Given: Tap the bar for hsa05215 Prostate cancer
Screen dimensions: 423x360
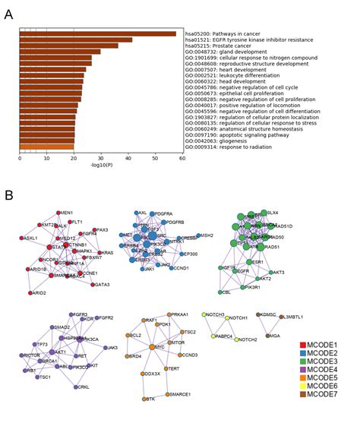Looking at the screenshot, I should click(68, 46).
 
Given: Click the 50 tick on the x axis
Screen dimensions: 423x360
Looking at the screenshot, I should click(155, 158).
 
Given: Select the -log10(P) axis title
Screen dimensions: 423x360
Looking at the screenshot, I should click(101, 166).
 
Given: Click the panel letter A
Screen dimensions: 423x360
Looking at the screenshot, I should click(8, 14).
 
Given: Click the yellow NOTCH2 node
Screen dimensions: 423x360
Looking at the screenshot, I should click(236, 339).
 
